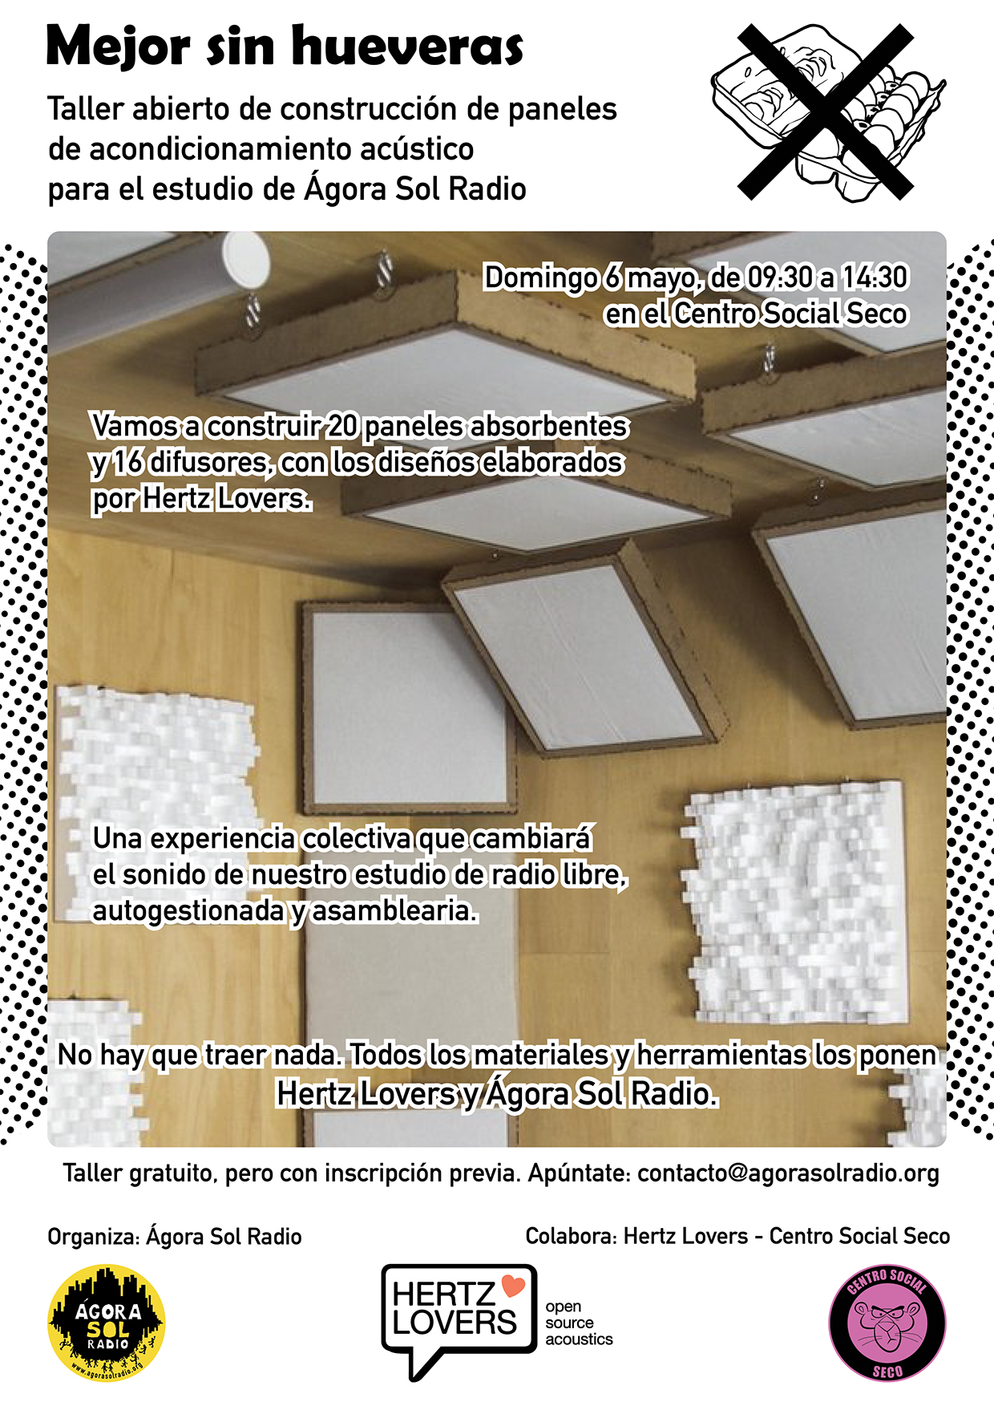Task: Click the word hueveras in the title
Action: click(x=407, y=47)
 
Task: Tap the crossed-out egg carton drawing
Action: click(x=827, y=111)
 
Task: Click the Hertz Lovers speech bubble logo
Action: click(x=459, y=1319)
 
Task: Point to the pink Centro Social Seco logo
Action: click(x=887, y=1323)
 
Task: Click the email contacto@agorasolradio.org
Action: click(x=788, y=1173)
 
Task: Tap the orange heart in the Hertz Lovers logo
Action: click(x=513, y=1285)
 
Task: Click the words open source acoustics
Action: click(x=579, y=1323)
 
